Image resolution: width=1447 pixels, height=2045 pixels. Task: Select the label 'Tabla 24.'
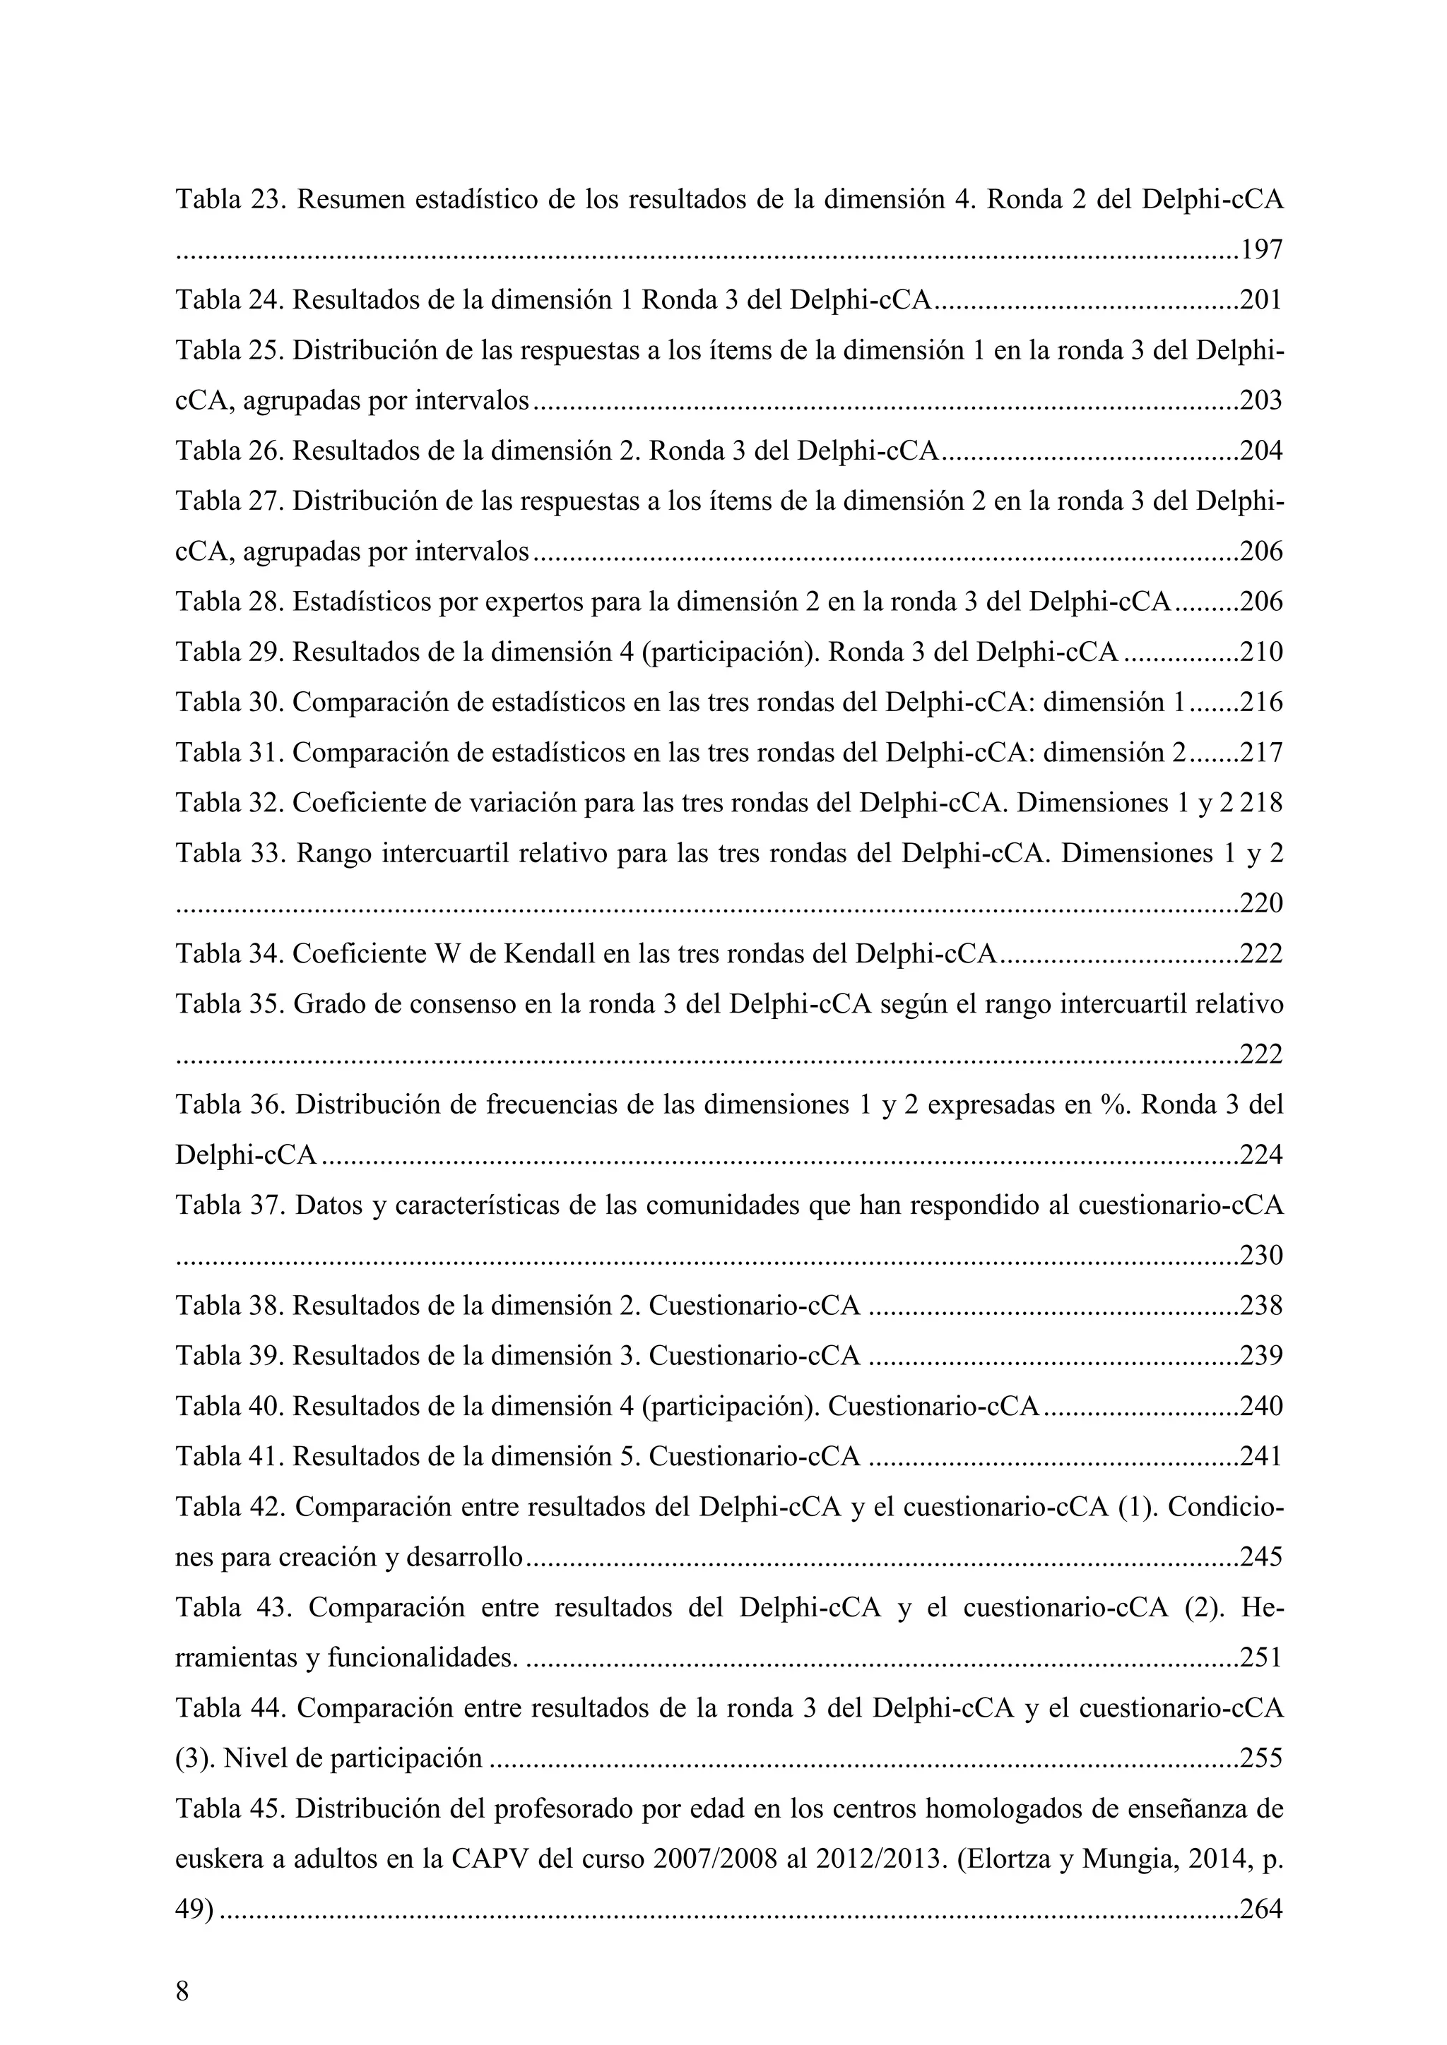(x=229, y=300)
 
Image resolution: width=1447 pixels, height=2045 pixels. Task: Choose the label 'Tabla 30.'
(x=229, y=703)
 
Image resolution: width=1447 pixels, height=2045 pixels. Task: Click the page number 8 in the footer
(x=183, y=1991)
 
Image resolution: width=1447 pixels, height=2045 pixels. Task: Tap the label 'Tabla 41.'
(x=229, y=1457)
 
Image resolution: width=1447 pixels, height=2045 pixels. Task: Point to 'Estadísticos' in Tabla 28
(x=362, y=602)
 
